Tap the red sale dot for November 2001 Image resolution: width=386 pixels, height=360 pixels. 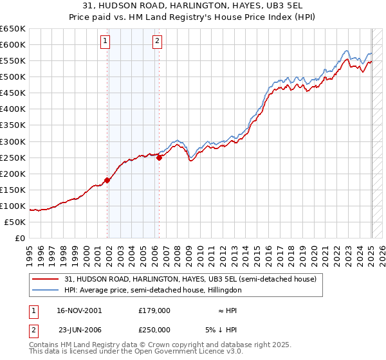pos(107,180)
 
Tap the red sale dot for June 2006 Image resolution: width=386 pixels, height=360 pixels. pos(159,157)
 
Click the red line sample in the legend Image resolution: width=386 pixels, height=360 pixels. pos(46,280)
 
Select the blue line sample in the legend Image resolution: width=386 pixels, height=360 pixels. pos(46,290)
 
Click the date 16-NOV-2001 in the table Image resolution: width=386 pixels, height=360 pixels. pos(78,310)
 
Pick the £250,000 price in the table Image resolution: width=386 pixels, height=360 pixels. pos(154,329)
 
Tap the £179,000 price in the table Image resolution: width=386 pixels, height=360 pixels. pos(154,310)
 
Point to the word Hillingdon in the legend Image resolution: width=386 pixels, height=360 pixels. pos(223,290)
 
